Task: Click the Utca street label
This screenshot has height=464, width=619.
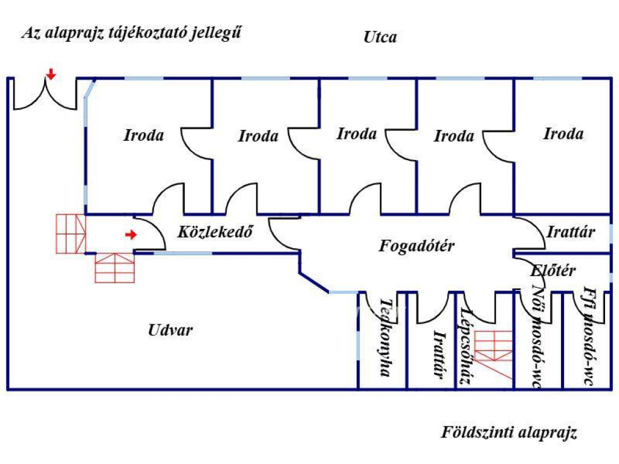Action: [x=380, y=37]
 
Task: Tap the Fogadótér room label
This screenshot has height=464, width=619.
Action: [x=417, y=246]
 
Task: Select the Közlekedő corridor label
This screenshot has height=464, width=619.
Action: [x=215, y=231]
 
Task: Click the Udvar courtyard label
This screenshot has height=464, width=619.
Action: [x=170, y=330]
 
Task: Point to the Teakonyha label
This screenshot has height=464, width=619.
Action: [x=384, y=337]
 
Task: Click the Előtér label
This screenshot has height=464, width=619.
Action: [x=553, y=270]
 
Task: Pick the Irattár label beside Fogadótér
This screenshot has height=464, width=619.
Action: [x=571, y=231]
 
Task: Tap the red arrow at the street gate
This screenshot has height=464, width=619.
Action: [x=51, y=74]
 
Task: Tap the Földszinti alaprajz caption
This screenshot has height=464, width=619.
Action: [x=509, y=433]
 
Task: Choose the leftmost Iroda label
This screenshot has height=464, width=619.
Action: [x=144, y=135]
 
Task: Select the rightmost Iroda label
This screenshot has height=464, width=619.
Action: [x=563, y=134]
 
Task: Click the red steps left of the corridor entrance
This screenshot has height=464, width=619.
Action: [x=70, y=233]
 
